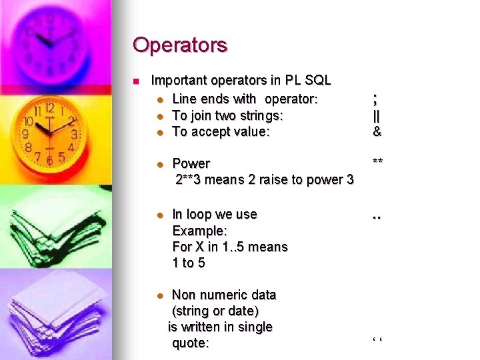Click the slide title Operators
tap(180, 45)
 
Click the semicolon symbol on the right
tap(377, 99)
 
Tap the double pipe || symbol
tap(377, 115)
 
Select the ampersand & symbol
tap(377, 131)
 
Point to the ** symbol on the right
tap(378, 162)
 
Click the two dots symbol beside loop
tap(377, 217)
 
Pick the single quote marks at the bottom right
tap(377, 343)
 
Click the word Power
tap(191, 163)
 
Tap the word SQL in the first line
tap(317, 81)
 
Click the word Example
tap(199, 231)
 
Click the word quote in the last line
tap(190, 343)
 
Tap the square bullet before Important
tap(135, 81)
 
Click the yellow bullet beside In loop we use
tap(159, 215)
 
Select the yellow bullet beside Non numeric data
tap(159, 295)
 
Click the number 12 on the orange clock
tap(49, 107)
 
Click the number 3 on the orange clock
tap(75, 134)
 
